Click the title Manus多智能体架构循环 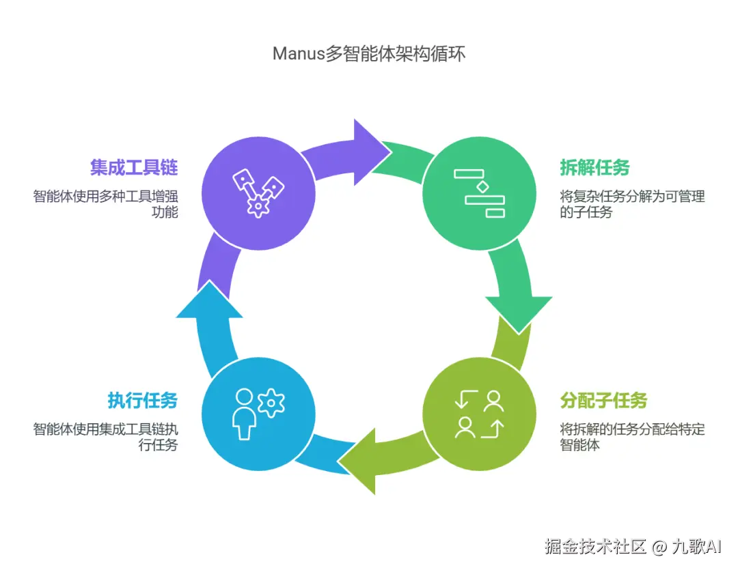point(369,53)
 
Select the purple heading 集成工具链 point(134,167)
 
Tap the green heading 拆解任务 point(595,167)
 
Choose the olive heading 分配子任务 point(604,401)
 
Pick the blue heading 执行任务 point(143,401)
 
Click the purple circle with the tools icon point(258,193)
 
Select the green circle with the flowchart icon point(480,193)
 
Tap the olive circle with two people point(480,414)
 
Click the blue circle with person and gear point(258,414)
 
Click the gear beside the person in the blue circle point(271,403)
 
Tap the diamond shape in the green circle point(482,187)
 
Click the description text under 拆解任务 point(632,204)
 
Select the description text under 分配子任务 point(632,437)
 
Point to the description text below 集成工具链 point(105,204)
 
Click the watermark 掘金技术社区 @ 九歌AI point(633,546)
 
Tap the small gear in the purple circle point(258,206)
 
